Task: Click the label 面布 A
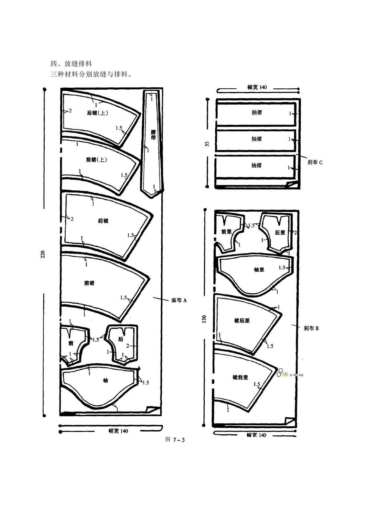point(179,300)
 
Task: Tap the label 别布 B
point(311,328)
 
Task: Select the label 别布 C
point(315,162)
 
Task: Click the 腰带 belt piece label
point(153,135)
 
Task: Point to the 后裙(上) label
point(97,113)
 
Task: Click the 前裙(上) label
point(97,160)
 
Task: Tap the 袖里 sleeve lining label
point(259,270)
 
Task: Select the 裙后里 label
point(242,321)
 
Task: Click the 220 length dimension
point(43,254)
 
